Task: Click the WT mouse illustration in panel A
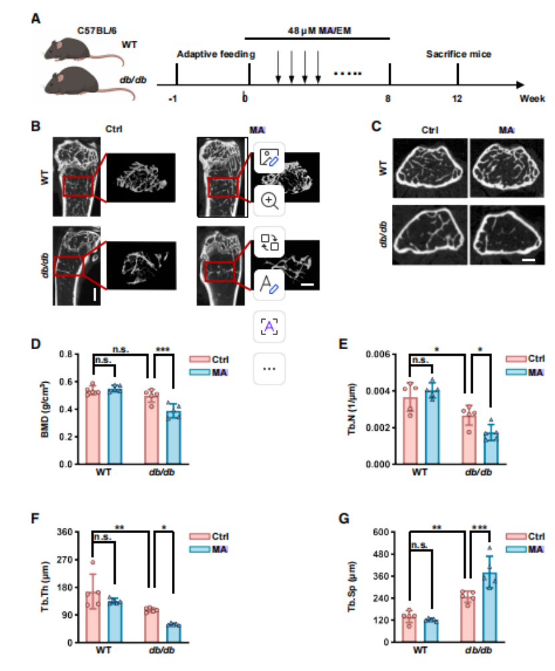pos(81,50)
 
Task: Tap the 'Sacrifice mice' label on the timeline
pos(458,54)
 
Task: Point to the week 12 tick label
pos(457,99)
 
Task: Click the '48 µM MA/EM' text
pos(319,31)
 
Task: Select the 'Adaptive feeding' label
pos(216,54)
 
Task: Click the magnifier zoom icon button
pos(269,200)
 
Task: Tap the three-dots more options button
pos(269,369)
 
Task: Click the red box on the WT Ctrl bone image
pos(78,186)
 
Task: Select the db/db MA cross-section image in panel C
pos(507,235)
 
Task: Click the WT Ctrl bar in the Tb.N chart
pos(411,431)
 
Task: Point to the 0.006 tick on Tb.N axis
pos(378,355)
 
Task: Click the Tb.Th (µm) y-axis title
pos(45,587)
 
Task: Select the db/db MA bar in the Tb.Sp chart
pos(490,607)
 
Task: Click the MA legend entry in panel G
pos(525,549)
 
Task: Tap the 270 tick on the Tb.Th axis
pos(65,560)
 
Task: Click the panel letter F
pos(35,518)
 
